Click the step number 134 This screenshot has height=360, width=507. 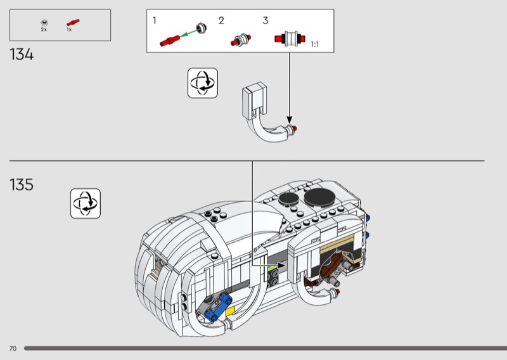(x=22, y=55)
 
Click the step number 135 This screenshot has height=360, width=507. (x=22, y=185)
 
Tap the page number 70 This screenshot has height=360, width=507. (x=13, y=349)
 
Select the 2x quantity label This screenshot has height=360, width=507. (x=44, y=30)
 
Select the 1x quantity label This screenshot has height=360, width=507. (x=69, y=30)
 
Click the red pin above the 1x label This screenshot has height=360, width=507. (x=72, y=22)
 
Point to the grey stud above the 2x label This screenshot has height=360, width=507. (x=44, y=22)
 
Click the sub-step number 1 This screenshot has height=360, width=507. (x=155, y=20)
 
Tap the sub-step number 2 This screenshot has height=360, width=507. (x=221, y=20)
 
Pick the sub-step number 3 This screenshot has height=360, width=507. (x=266, y=20)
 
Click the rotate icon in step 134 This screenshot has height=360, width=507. (x=202, y=83)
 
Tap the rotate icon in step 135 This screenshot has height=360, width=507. (x=86, y=203)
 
